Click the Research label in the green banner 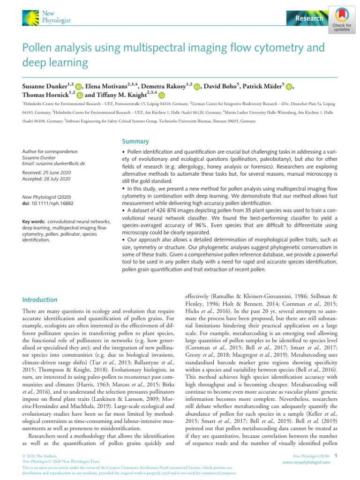(309, 18)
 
